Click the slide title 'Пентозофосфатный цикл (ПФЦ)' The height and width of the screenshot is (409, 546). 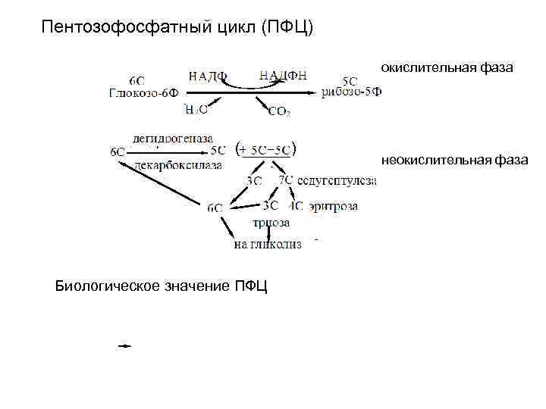pyautogui.click(x=177, y=28)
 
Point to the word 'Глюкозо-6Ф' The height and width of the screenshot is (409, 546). pyautogui.click(x=143, y=93)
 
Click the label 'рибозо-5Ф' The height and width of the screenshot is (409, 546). pyautogui.click(x=351, y=92)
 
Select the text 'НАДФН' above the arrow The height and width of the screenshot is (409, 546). pyautogui.click(x=283, y=74)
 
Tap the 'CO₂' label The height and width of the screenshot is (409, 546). pyautogui.click(x=278, y=112)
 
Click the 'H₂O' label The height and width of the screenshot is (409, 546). pyautogui.click(x=196, y=111)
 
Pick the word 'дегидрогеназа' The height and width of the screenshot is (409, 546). pyautogui.click(x=173, y=138)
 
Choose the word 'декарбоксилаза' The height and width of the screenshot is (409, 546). pyautogui.click(x=177, y=164)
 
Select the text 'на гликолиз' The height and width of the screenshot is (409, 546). pyautogui.click(x=267, y=244)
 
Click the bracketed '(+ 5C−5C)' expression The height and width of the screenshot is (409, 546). pyautogui.click(x=265, y=149)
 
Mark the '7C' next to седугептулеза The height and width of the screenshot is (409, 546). pyautogui.click(x=286, y=180)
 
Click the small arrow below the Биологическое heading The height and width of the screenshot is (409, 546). pyautogui.click(x=124, y=345)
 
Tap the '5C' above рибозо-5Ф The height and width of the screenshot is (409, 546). pyautogui.click(x=350, y=80)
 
